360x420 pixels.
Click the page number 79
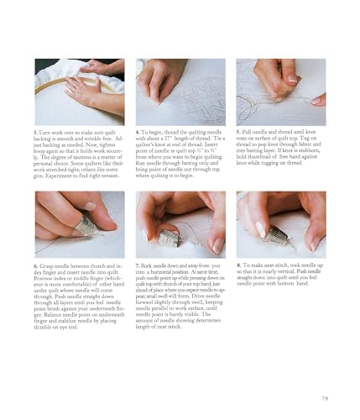pyautogui.click(x=323, y=397)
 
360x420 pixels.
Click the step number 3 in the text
pyautogui.click(x=34, y=132)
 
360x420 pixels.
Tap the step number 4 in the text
pyautogui.click(x=138, y=132)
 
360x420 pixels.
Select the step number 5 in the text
pyautogui.click(x=238, y=132)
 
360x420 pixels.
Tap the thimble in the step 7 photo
pyautogui.click(x=170, y=238)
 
